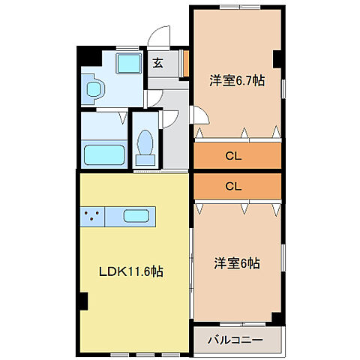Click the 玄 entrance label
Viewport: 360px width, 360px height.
(158, 63)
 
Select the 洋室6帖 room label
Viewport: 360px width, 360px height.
(236, 263)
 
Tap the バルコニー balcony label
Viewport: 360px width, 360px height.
(235, 340)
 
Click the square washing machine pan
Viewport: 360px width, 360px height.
(130, 64)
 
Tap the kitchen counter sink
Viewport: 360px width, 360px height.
(136, 217)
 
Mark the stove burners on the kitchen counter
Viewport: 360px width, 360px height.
(94, 217)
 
